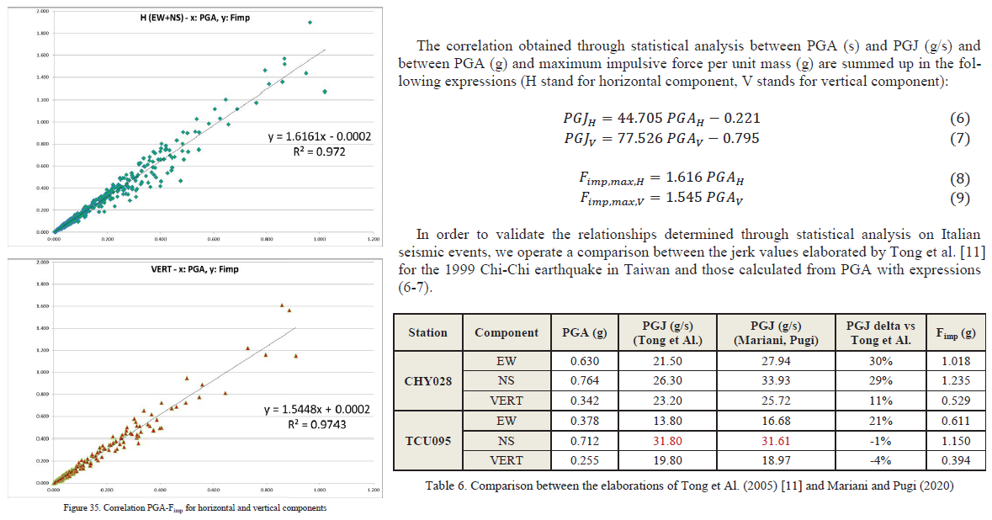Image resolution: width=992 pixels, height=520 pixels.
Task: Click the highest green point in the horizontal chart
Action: tap(310, 23)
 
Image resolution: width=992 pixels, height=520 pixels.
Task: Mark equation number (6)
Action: tap(959, 118)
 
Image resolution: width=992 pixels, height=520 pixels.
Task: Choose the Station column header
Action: tap(427, 332)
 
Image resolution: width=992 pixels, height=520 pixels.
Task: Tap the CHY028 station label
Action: tap(427, 381)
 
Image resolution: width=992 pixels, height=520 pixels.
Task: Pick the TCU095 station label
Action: tap(427, 440)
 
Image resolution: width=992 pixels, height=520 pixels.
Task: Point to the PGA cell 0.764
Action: tap(583, 381)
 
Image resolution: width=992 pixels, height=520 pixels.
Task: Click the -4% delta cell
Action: tap(880, 460)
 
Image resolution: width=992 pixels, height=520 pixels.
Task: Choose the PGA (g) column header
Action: tap(583, 332)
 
